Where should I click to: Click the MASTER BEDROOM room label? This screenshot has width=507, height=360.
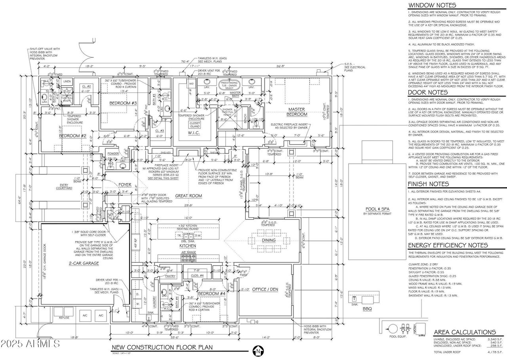(x=298, y=112)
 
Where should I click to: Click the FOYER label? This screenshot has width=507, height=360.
(x=124, y=185)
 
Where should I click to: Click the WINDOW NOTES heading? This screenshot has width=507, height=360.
(x=432, y=6)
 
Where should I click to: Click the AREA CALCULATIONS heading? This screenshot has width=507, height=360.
(x=465, y=332)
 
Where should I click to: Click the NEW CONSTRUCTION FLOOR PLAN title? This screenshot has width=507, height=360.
(x=162, y=347)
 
